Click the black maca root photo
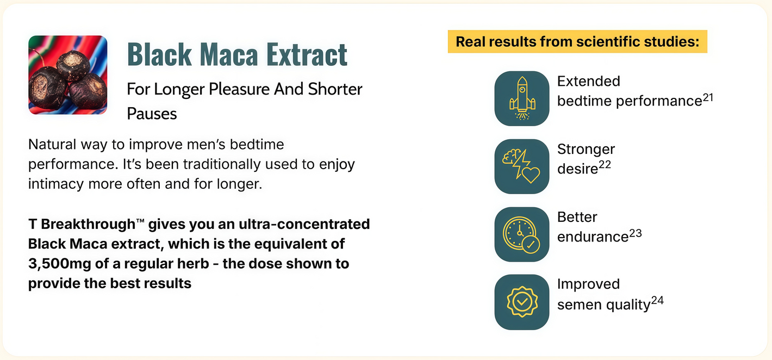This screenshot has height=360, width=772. pos(67,75)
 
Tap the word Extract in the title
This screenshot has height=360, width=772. pos(307,54)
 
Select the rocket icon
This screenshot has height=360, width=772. pos(522,98)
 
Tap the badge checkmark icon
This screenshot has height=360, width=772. pos(522,302)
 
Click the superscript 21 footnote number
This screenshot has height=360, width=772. pos(708,97)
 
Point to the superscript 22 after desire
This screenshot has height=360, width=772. pos(605,165)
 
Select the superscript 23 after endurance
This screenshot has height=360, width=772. pos(636,233)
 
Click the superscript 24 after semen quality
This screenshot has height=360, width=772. pos(658,300)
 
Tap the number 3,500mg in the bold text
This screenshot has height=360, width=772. pos(60,264)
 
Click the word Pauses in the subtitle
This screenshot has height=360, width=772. pos(152,114)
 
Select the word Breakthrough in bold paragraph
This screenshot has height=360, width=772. pos(88,224)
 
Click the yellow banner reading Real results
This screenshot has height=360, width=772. pos(577,41)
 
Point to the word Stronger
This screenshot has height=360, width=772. pos(586,150)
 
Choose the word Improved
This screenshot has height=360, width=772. pos(589,284)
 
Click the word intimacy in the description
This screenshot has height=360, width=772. pos(56,184)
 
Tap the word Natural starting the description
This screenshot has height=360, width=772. pos(52,145)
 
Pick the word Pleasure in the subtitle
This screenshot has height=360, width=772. pos(239,89)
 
